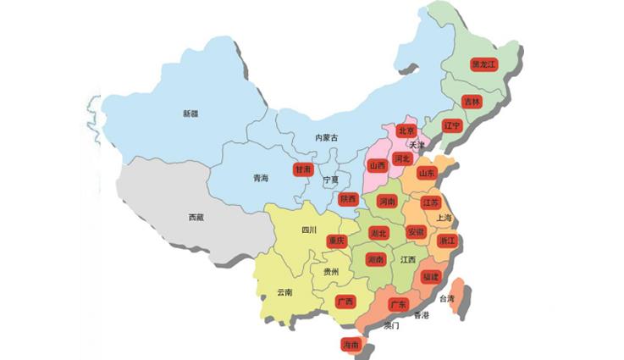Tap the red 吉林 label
[x=472, y=102]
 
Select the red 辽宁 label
[x=451, y=126]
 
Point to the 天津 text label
[x=417, y=145]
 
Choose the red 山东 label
[x=426, y=173]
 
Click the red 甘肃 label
[x=303, y=169]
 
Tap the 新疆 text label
[x=190, y=114]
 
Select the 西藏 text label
[x=196, y=218]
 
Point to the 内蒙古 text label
[x=327, y=138]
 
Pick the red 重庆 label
[x=336, y=241]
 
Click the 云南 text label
[x=284, y=292]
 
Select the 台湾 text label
[x=456, y=300]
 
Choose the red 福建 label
[x=430, y=277]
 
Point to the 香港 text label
[x=422, y=315]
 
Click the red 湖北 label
[x=378, y=234]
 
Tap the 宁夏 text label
[x=330, y=180]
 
